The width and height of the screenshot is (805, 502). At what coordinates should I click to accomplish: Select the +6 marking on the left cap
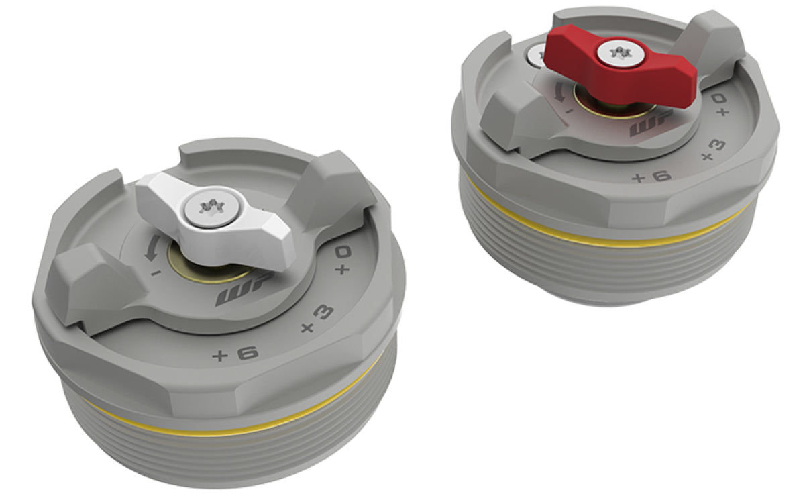pos(231,354)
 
